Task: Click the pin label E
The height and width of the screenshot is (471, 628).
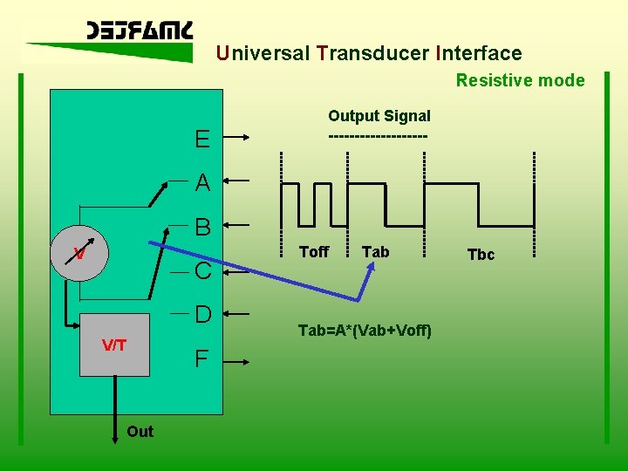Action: (202, 140)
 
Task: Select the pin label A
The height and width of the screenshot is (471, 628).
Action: (202, 183)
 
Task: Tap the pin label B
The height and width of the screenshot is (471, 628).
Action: (202, 228)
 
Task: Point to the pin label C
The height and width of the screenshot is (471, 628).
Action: (202, 272)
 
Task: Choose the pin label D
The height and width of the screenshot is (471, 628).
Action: (202, 314)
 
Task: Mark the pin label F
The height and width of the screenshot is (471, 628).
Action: (201, 358)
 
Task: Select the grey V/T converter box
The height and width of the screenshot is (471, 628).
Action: (114, 345)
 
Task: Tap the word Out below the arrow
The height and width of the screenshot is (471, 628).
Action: (140, 432)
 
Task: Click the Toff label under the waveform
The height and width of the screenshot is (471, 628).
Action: (314, 252)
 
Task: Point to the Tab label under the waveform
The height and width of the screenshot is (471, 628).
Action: (375, 252)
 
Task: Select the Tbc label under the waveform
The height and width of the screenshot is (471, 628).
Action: (481, 255)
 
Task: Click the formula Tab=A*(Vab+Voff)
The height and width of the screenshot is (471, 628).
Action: (365, 331)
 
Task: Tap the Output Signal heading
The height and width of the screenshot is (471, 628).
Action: (379, 116)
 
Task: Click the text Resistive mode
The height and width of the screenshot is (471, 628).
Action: (520, 80)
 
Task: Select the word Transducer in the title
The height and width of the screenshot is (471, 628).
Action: (373, 53)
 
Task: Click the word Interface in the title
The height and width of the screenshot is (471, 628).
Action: (478, 53)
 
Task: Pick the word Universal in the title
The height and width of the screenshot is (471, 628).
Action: (263, 53)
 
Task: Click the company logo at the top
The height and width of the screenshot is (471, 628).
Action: (140, 32)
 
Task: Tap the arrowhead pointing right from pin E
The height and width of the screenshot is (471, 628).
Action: (248, 137)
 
